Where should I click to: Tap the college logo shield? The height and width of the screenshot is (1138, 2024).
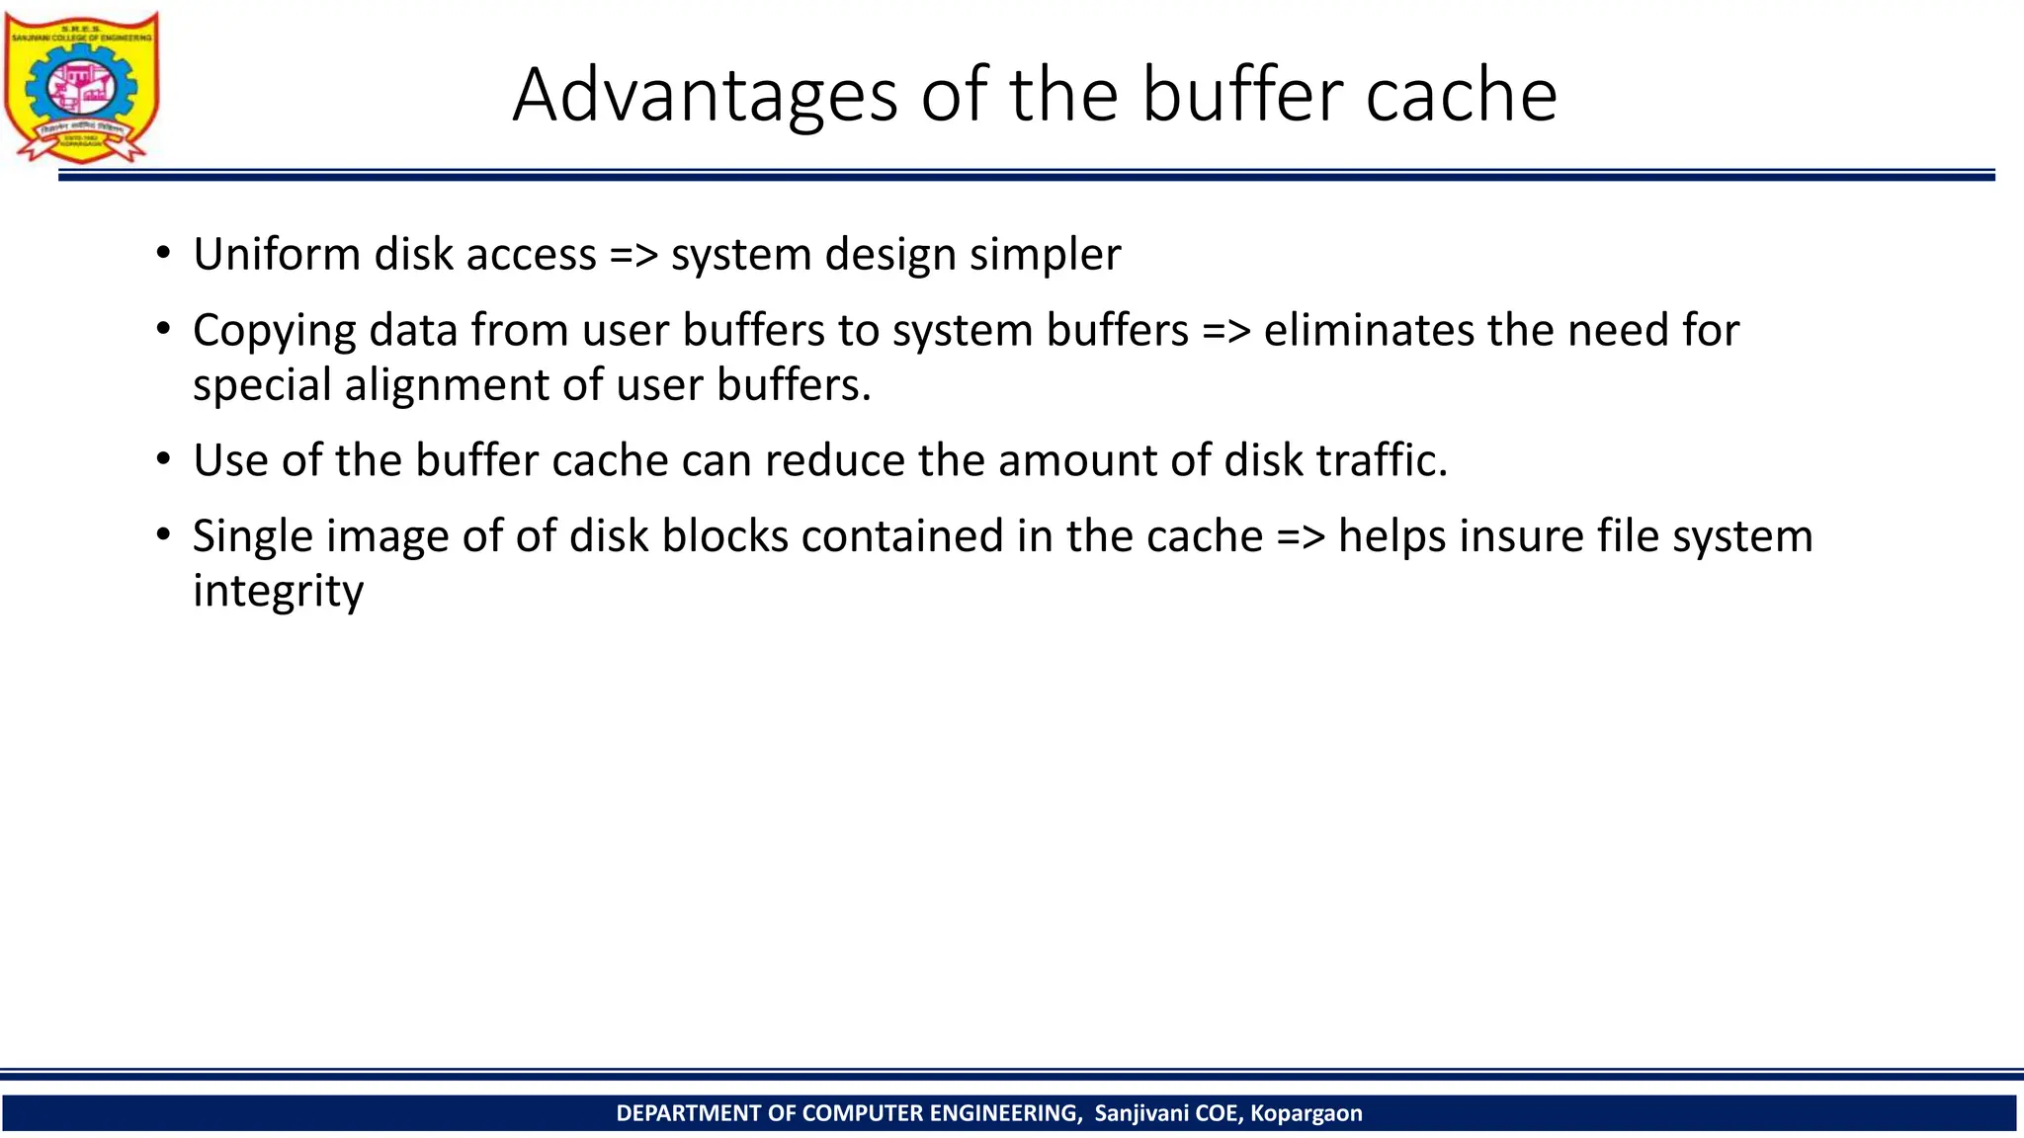[82, 87]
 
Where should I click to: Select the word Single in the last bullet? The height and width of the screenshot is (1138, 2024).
[252, 537]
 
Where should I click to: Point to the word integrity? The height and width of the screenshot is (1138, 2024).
[278, 592]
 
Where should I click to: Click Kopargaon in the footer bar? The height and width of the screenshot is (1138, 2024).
[1306, 1113]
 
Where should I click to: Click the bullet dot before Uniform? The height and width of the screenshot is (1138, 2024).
[164, 253]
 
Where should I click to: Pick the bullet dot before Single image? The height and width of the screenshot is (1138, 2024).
[164, 534]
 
